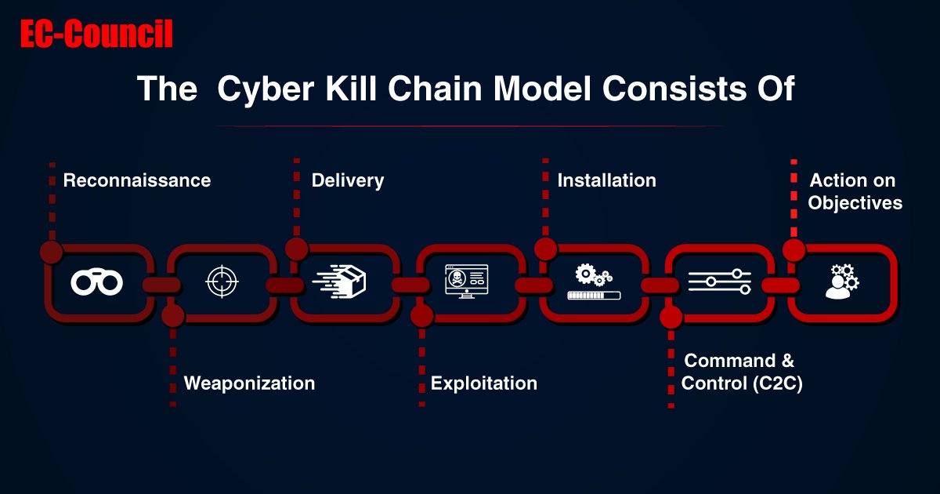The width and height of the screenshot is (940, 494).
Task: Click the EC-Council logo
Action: [96, 35]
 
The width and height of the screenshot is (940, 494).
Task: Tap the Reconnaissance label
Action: [137, 180]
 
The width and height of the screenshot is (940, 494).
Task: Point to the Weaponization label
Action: [249, 383]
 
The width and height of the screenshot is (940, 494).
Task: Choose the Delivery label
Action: [348, 180]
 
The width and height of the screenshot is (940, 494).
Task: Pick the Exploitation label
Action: [484, 383]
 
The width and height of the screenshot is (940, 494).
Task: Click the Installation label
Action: [606, 180]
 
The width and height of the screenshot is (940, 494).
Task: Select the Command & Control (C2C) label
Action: [741, 372]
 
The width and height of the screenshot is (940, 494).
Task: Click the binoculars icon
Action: [96, 282]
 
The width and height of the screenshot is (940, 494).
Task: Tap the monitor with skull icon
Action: [466, 281]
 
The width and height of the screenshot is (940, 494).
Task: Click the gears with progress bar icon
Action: [594, 282]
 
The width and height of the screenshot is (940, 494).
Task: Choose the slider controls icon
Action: [719, 282]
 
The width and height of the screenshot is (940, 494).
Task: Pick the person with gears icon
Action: [841, 282]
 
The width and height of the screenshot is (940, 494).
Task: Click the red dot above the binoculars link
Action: [51, 251]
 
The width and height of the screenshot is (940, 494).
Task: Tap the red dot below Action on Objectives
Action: [794, 250]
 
